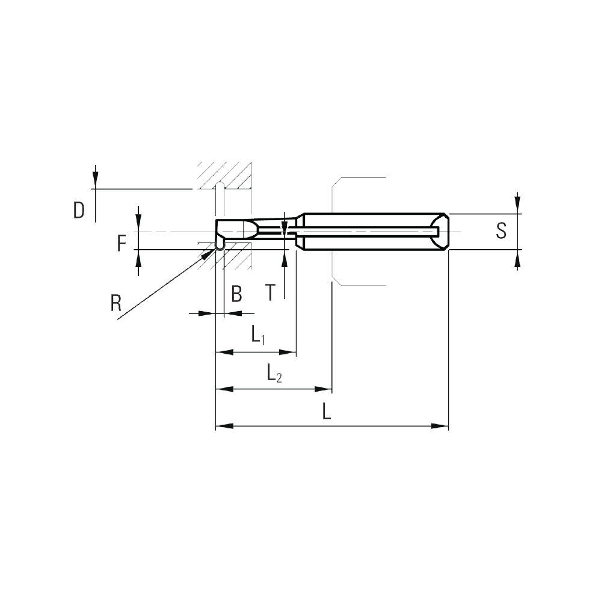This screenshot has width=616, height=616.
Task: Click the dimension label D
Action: pos(79,211)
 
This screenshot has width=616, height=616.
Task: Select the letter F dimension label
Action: pos(122,243)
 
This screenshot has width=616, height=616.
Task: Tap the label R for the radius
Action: pos(116,303)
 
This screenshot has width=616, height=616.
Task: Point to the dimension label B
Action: pos(236,294)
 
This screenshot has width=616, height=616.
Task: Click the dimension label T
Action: pos(270,292)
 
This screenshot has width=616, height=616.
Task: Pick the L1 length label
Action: pos(258,334)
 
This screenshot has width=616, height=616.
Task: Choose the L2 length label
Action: pos(274,372)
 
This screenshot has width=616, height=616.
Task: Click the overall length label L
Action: pos(327,411)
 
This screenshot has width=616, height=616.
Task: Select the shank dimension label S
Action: pos(501,230)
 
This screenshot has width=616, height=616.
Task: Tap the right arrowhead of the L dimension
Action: pos(440,426)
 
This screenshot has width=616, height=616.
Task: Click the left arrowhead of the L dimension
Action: pos(224,426)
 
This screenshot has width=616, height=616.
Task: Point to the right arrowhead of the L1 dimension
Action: pos(288,353)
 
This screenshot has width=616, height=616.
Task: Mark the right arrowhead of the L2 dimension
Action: pos(324,389)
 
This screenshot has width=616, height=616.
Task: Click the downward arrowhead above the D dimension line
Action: pos(95,180)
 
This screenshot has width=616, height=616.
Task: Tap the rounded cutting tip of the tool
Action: pos(220,246)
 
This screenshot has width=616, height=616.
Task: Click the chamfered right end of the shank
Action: pos(444,232)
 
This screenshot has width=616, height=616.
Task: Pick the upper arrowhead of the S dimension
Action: pos(518,205)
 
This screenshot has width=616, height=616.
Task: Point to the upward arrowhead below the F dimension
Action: pos(138,258)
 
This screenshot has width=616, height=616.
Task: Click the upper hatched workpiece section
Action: pos(225,176)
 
